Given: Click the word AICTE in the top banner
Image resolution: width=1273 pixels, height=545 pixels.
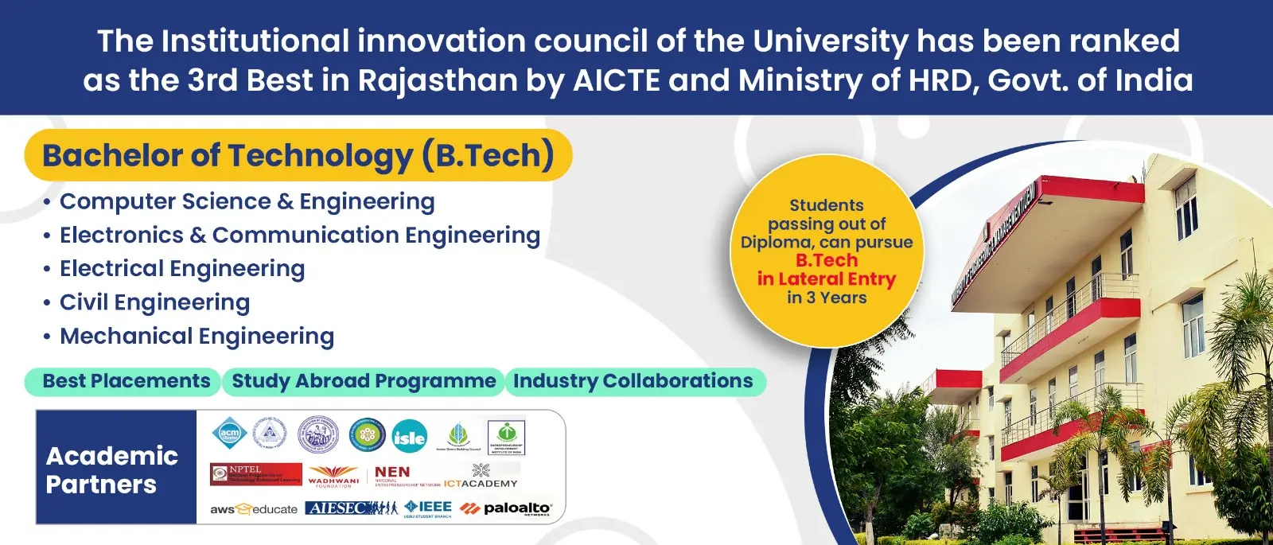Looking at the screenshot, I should click(617, 81).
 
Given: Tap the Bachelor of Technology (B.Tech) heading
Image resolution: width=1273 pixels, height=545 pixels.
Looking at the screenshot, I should click(298, 156).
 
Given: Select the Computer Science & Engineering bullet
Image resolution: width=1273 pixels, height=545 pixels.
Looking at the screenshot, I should click(247, 202).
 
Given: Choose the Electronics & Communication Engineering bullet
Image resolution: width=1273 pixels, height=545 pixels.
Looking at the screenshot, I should click(299, 236).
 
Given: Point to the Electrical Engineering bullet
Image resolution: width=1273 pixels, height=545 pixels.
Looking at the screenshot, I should click(182, 269).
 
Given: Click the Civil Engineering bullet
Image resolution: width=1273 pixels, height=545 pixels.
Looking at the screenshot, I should click(154, 302).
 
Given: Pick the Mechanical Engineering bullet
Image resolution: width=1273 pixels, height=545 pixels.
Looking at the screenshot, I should click(197, 337).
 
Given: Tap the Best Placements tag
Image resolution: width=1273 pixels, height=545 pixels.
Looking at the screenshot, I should click(126, 382).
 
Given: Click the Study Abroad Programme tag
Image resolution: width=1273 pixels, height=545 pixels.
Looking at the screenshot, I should click(364, 382).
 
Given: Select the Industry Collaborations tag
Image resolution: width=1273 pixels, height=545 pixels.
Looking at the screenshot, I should click(633, 382).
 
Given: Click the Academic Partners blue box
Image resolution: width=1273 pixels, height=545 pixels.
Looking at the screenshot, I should click(116, 468).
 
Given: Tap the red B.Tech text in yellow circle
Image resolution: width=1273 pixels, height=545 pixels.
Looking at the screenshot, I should click(827, 261).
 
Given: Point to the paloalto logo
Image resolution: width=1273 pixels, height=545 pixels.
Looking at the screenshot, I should click(507, 508).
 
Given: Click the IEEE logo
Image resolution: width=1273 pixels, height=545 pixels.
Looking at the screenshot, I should click(428, 508).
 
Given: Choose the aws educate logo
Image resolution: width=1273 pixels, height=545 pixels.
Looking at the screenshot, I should click(253, 509).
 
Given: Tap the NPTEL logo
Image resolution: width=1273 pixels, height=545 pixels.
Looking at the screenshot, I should click(255, 474).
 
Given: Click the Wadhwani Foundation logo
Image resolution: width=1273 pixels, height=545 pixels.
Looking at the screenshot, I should click(333, 476).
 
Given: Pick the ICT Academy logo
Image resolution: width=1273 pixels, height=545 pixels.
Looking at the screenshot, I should click(481, 477).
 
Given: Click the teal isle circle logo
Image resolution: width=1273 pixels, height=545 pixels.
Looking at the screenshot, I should click(409, 437).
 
